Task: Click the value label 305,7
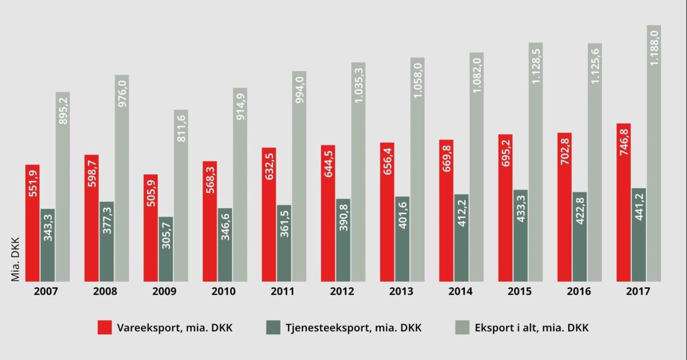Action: click(x=166, y=236)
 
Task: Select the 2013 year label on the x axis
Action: click(x=401, y=291)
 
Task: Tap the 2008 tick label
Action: click(x=105, y=291)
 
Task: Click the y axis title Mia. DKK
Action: click(x=15, y=259)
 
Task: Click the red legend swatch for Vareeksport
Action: click(x=104, y=327)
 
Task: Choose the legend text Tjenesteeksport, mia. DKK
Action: click(x=353, y=328)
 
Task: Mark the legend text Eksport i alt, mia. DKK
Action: click(x=532, y=328)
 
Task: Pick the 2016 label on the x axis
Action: click(x=579, y=291)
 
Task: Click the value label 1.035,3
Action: click(x=359, y=85)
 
